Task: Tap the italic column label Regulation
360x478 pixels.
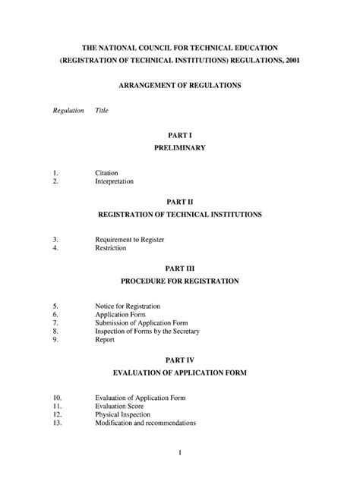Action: (68, 111)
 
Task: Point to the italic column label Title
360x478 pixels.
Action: (102, 111)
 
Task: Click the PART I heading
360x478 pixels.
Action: (180, 134)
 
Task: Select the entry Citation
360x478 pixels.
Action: (106, 173)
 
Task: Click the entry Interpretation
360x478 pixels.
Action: (115, 182)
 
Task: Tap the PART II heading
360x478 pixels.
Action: (180, 203)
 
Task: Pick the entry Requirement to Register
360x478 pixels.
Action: (130, 240)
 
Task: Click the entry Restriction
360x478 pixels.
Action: (111, 248)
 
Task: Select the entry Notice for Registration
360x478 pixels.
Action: (128, 306)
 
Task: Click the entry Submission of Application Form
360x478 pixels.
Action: (141, 322)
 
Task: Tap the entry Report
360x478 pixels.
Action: (105, 339)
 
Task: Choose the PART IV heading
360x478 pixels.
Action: (180, 360)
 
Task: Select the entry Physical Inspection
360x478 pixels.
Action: (123, 414)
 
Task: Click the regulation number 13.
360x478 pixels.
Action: (57, 423)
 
